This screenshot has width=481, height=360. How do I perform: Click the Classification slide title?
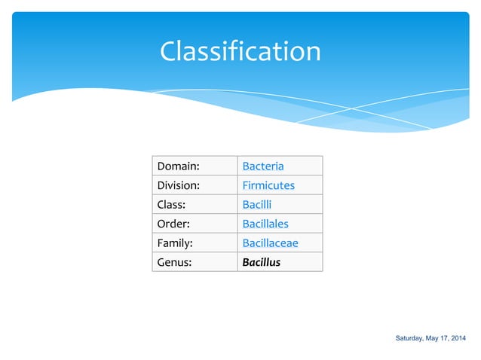coord(240,51)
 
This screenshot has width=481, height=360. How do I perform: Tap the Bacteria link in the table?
coord(262,166)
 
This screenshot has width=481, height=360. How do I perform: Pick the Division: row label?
coord(178,185)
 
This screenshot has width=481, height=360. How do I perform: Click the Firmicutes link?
coord(268,185)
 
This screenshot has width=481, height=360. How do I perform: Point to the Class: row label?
coord(170,204)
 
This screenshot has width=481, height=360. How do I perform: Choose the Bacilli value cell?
coord(257,204)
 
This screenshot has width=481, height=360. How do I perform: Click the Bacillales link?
coord(265,224)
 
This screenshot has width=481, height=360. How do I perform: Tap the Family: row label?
coord(174,243)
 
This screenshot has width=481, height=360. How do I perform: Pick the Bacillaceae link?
coord(270,243)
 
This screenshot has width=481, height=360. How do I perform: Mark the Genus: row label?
coord(174,262)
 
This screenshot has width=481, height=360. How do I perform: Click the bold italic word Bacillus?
coord(261,262)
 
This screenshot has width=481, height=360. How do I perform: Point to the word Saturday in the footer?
coord(411,337)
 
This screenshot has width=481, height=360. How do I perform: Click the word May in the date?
coord(435,337)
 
